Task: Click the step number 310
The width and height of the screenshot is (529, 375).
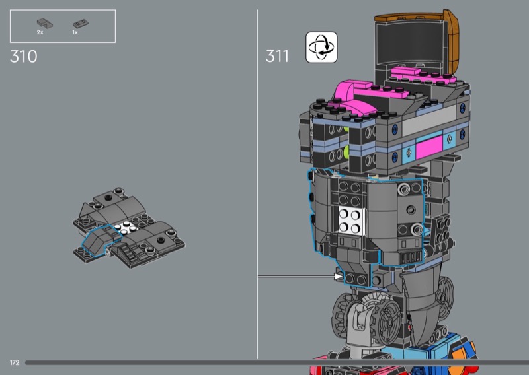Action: (x=24, y=56)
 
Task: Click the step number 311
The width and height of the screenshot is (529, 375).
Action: (x=277, y=56)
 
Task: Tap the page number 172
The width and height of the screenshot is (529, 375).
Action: (x=15, y=363)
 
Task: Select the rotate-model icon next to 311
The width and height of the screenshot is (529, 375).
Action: (x=321, y=47)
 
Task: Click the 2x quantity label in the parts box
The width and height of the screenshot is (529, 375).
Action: (x=40, y=32)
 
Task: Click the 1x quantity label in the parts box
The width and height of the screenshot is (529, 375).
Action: (x=75, y=32)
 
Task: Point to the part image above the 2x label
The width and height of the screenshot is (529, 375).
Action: (x=44, y=23)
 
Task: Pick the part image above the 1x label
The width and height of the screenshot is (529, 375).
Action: (x=81, y=24)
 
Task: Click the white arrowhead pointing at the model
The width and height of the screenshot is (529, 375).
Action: (x=338, y=276)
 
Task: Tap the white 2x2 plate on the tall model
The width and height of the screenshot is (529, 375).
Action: (x=352, y=221)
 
